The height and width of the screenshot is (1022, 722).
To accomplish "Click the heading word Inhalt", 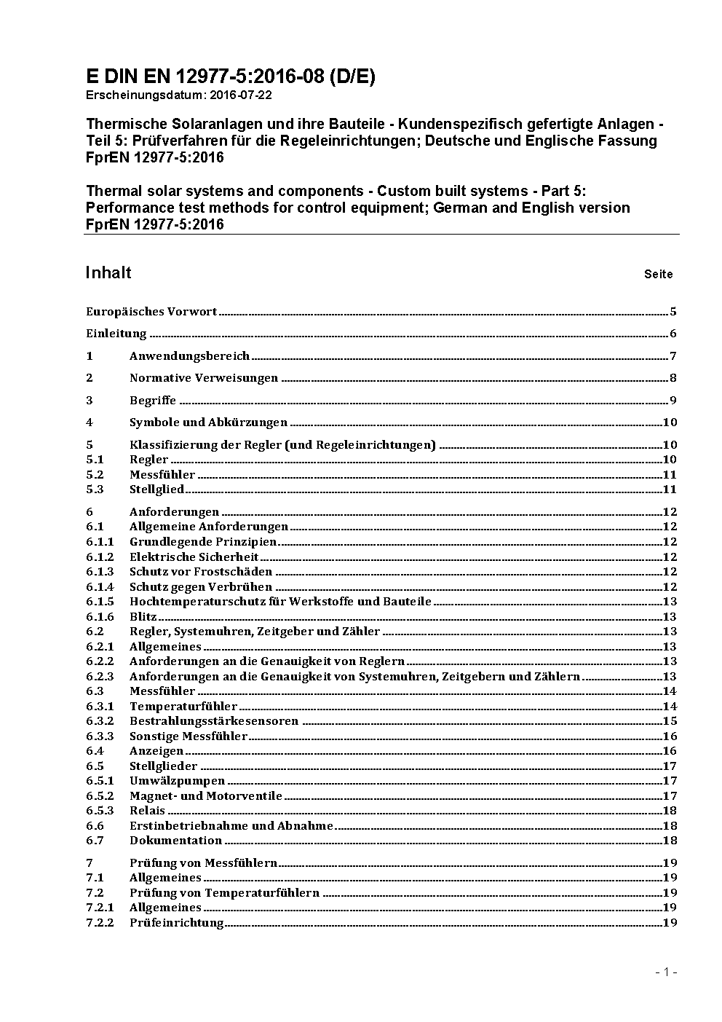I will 108,272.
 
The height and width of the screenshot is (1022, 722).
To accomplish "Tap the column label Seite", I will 658,275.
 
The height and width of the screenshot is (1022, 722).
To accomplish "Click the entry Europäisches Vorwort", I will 151,312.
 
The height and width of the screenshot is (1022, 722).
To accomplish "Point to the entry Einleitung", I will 116,334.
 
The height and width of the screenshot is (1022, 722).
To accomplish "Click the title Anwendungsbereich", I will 189,356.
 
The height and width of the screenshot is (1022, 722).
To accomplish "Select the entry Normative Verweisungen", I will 204,378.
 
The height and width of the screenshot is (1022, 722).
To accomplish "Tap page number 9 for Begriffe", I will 673,400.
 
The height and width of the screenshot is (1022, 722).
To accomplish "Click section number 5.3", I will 95,490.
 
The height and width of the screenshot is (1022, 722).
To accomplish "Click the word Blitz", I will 143,616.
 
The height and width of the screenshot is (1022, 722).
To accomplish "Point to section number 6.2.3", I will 100,676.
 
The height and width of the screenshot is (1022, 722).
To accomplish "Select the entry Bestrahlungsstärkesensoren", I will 214,721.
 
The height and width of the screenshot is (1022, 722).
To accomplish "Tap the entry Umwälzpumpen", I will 177,781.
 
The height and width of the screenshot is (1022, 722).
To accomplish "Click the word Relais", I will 147,811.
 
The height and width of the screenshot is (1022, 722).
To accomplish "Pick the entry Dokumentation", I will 175,841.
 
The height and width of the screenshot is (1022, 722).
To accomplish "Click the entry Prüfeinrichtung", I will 176,923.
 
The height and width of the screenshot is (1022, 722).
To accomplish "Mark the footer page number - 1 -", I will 666,972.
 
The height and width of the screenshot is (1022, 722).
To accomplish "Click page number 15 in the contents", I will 670,721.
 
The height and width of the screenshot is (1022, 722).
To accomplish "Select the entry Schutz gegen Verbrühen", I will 200,586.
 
